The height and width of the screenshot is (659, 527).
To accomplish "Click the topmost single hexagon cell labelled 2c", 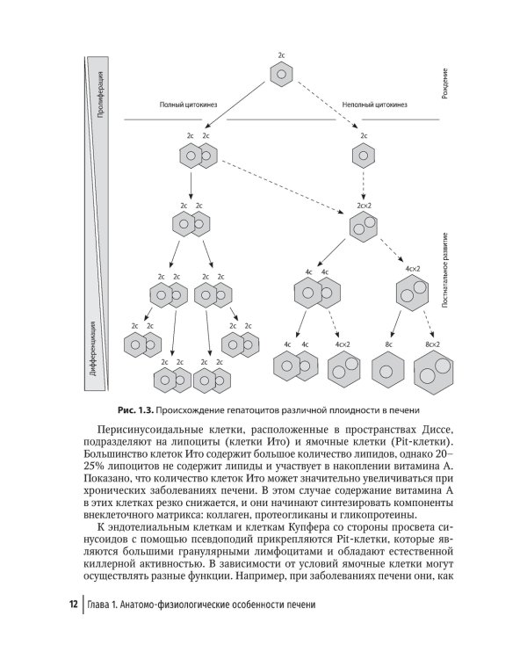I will pos(281,76).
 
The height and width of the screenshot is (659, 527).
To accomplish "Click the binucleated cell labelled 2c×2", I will pos(364,228).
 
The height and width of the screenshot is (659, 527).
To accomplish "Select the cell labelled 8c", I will pos(387,370).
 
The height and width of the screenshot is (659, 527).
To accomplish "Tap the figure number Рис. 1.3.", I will pos(134,410).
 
